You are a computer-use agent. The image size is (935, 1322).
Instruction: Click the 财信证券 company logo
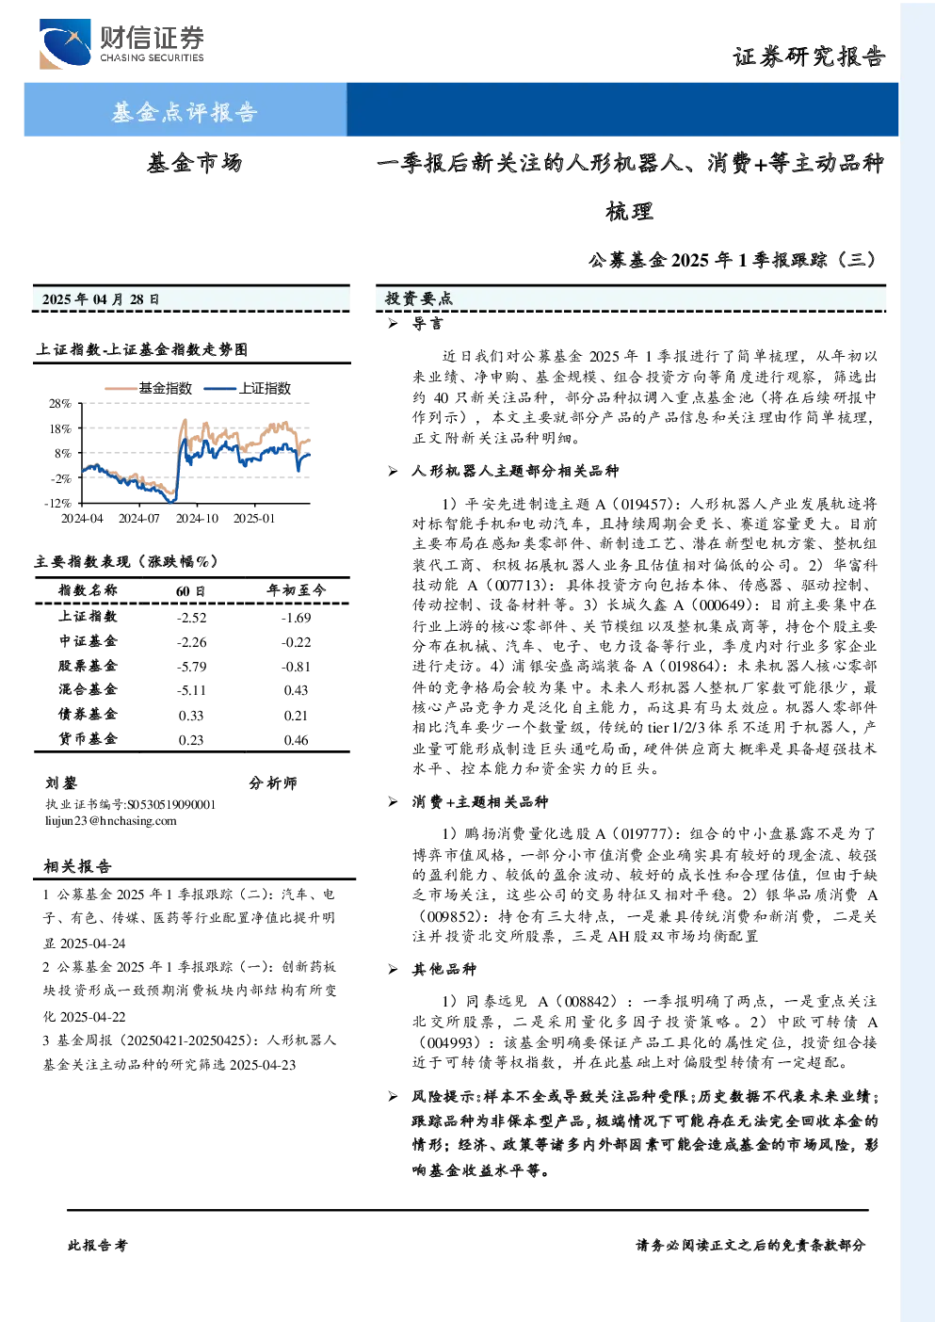[121, 43]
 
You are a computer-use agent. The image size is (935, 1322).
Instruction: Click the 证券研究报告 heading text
[809, 56]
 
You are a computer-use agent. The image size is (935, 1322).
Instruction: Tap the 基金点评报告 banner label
[185, 111]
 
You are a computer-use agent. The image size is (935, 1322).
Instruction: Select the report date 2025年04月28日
[101, 299]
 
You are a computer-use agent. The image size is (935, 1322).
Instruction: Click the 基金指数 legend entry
[149, 388]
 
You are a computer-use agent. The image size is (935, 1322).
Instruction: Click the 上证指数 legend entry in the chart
[248, 388]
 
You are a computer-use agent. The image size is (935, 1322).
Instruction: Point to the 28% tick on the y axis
[59, 404]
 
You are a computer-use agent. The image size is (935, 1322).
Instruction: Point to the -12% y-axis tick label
[57, 503]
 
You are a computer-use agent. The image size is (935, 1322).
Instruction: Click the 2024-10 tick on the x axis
[197, 518]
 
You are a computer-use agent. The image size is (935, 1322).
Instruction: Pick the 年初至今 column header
[296, 589]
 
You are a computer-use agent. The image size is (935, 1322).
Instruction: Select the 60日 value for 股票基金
[191, 667]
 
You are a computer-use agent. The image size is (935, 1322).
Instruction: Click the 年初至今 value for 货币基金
[296, 740]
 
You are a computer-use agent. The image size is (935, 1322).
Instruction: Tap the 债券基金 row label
[88, 714]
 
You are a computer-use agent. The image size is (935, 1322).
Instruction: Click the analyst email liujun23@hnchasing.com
[111, 820]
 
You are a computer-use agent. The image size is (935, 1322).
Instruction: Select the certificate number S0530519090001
[171, 804]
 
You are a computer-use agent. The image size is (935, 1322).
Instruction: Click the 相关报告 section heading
[77, 866]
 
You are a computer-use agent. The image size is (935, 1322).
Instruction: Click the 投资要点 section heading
[418, 298]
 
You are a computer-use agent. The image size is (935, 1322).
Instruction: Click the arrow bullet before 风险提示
[393, 1097]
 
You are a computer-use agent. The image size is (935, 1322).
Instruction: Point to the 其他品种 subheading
[443, 969]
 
